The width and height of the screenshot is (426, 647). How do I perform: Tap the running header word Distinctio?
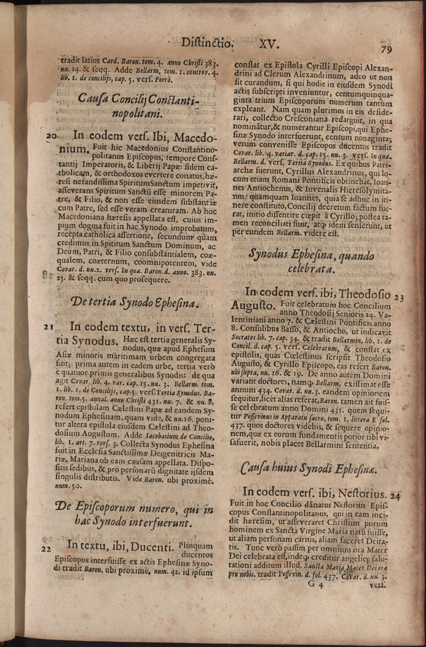coord(207,43)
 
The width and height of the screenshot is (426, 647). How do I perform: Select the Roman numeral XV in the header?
coord(268,44)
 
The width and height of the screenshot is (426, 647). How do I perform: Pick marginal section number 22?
coord(46,549)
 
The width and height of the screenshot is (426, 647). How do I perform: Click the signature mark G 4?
coord(316,584)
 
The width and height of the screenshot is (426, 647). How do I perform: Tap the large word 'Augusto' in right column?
coord(253,305)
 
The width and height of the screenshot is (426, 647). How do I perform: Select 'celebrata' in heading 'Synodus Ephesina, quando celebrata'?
coord(312,269)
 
